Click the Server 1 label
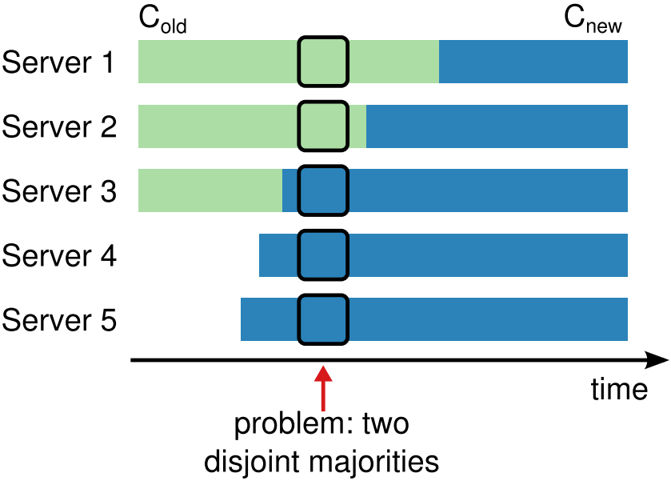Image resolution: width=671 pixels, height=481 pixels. [59, 62]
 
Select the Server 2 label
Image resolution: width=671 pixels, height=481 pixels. [59, 127]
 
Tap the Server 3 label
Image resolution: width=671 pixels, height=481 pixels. [59, 191]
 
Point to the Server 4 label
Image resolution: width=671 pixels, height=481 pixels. [59, 256]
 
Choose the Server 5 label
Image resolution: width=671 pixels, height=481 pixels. [59, 320]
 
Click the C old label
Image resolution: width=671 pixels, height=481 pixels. [162, 21]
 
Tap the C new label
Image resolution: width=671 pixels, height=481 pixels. [593, 21]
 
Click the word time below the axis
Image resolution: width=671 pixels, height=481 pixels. [618, 389]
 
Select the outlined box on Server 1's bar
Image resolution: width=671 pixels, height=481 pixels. [323, 62]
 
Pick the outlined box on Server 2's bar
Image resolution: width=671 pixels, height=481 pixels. [323, 126]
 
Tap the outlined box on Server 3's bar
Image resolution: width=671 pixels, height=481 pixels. [323, 190]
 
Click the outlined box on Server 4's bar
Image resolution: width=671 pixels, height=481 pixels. [323, 255]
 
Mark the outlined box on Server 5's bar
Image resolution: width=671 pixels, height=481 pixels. [323, 319]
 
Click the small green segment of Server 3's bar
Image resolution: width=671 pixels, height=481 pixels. [210, 190]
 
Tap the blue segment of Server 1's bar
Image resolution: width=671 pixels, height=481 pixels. [533, 62]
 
